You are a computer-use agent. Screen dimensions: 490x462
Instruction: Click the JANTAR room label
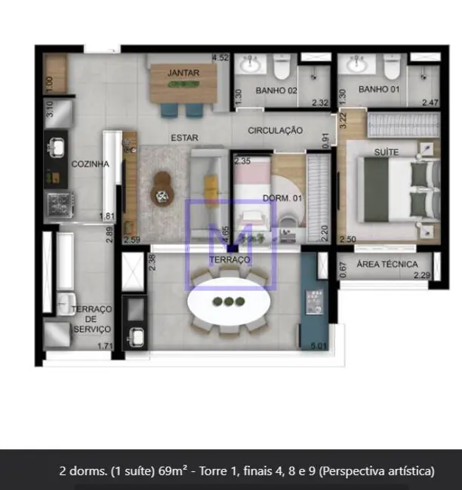[184, 72]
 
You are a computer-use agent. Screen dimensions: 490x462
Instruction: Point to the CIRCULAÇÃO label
[276, 130]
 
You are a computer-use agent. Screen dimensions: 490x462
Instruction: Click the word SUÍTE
[387, 152]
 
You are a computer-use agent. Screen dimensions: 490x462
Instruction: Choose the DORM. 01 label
[279, 198]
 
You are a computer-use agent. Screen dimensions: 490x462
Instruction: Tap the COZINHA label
[91, 164]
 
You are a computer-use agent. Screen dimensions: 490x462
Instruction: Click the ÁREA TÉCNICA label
[389, 264]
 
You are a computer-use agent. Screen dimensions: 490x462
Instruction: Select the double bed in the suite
[396, 191]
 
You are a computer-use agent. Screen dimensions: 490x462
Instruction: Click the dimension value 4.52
[220, 57]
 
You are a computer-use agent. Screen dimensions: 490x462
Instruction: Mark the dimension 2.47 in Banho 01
[430, 102]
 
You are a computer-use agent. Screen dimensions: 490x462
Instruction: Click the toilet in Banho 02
[282, 68]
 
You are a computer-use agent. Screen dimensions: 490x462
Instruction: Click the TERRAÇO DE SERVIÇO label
[92, 319]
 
